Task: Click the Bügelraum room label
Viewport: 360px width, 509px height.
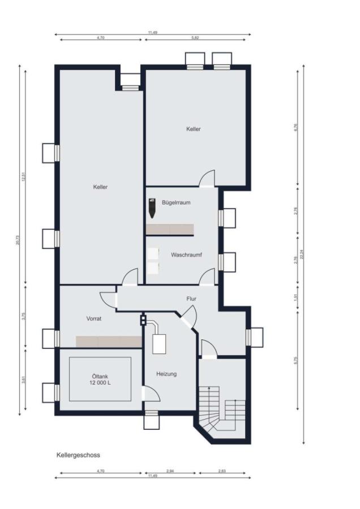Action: pos(175,202)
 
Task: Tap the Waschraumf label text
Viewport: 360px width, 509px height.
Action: pos(186,255)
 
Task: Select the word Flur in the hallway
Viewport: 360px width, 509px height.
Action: pos(191,299)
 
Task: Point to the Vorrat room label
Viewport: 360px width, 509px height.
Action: pos(94,319)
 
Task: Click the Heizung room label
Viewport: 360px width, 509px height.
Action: pos(166,374)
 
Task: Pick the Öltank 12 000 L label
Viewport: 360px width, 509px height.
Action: pos(100,379)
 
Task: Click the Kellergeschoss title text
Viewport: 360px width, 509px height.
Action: pos(78,455)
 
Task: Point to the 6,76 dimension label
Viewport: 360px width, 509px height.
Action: pos(295,127)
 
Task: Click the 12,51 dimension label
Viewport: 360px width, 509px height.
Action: pos(24,176)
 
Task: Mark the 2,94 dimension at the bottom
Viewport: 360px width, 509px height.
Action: pos(170,471)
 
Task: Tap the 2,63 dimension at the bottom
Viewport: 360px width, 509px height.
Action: pos(222,471)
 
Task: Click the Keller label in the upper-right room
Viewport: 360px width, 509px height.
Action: pos(194,129)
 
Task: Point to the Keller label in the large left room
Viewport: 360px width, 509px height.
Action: pos(100,187)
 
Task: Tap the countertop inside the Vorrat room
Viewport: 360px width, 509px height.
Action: pos(109,342)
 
